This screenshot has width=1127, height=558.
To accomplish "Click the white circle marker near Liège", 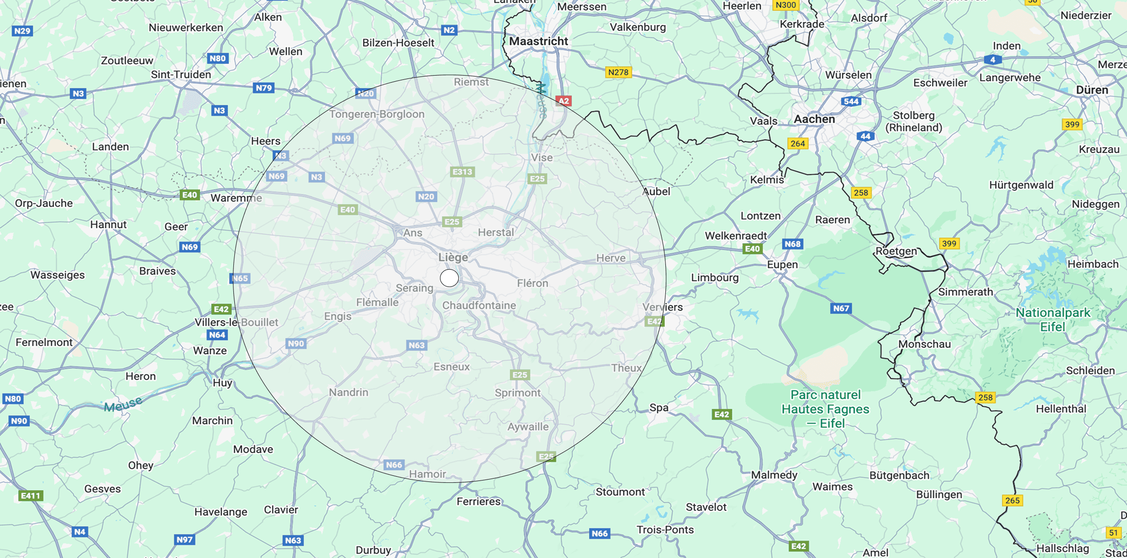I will pyautogui.click(x=449, y=278).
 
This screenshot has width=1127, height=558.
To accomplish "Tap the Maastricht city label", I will pyautogui.click(x=539, y=41).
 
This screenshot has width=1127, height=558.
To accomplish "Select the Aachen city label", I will pyautogui.click(x=814, y=119).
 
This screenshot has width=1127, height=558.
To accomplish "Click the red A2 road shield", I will pyautogui.click(x=563, y=101).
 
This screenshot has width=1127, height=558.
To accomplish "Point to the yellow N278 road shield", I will pyautogui.click(x=618, y=72).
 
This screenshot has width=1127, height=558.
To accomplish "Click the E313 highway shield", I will pyautogui.click(x=462, y=172).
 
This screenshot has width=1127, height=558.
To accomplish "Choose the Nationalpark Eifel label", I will pyautogui.click(x=1053, y=319).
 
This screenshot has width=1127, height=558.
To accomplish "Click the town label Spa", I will pyautogui.click(x=659, y=408).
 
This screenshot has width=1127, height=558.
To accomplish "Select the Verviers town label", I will pyautogui.click(x=663, y=307).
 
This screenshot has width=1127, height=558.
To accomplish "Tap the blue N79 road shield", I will pyautogui.click(x=263, y=88).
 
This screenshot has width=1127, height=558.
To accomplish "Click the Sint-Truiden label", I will pyautogui.click(x=181, y=75).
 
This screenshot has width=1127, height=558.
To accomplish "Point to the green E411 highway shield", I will pyautogui.click(x=31, y=496).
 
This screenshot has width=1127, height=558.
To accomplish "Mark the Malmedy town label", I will pyautogui.click(x=774, y=475).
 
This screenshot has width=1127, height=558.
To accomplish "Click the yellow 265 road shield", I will pyautogui.click(x=1012, y=500).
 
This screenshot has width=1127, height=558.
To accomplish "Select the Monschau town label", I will pyautogui.click(x=924, y=344).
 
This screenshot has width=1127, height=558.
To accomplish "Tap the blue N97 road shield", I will pyautogui.click(x=185, y=540).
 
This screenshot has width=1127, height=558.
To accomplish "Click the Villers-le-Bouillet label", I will pyautogui.click(x=236, y=322).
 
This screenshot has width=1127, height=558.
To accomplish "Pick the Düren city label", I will pyautogui.click(x=1092, y=90).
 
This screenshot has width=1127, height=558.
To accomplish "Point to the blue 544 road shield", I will pyautogui.click(x=851, y=101).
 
